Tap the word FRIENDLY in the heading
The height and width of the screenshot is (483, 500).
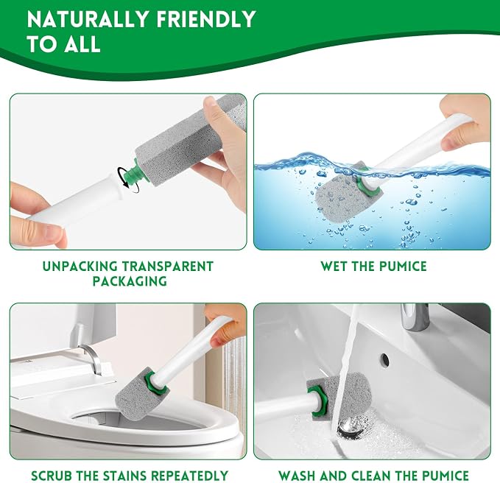pos(206,19)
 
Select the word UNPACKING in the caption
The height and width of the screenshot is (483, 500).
pos(80,267)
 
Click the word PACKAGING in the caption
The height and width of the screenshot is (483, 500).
pos(130,281)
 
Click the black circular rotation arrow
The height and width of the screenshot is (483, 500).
pos(129,180)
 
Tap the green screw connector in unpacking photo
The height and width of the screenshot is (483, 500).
pos(131,172)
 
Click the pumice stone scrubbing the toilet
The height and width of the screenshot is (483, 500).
pos(138,395)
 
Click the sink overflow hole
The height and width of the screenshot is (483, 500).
pos(385,360)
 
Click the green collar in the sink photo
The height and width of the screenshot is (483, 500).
pos(318,401)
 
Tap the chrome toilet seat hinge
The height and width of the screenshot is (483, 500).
pos(92,357)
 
